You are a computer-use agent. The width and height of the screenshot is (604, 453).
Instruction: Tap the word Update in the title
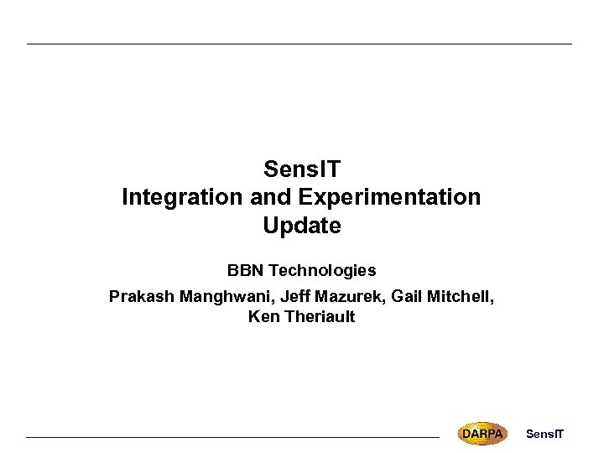[301, 226]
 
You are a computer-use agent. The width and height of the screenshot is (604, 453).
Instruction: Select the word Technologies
[322, 271]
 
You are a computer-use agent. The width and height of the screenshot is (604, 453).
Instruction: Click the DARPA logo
[482, 433]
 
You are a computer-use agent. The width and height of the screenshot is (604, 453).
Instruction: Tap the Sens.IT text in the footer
[544, 434]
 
